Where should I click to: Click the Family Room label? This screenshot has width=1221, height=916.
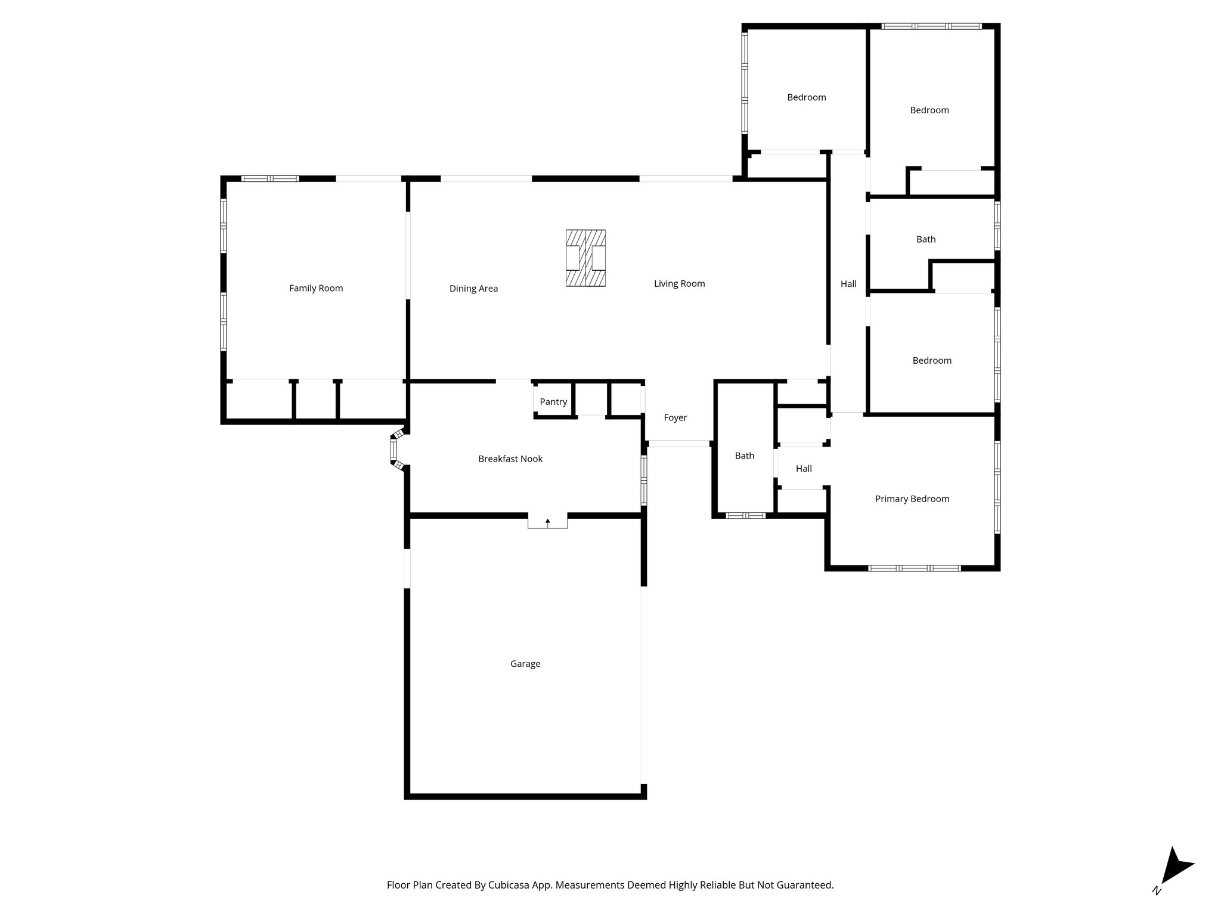coord(316,288)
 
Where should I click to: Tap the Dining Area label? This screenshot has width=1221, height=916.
coord(473,289)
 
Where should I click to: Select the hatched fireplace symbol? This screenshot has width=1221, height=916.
coord(585,258)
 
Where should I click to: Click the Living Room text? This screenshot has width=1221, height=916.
coord(679,284)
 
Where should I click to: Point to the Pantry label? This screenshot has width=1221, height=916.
coord(553,402)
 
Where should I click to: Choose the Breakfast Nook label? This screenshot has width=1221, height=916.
coord(510,459)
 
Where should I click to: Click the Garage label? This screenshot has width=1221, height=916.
coord(525,664)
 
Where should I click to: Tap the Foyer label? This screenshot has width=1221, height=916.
coord(675,418)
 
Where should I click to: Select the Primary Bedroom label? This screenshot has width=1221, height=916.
coord(912,499)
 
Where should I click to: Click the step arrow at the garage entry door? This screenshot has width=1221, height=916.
coord(547,522)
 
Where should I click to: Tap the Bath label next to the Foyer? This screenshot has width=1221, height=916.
coord(744,456)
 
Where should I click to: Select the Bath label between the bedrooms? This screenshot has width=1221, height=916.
coord(925,239)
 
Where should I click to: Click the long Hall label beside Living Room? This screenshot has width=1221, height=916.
coord(848,284)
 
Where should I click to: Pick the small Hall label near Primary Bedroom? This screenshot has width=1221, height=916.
coord(804,469)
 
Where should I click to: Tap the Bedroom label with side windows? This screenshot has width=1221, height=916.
coord(806,97)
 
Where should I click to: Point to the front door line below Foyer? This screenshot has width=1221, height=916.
coord(678,444)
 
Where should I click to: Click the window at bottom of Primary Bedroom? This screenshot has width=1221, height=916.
coord(914,568)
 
